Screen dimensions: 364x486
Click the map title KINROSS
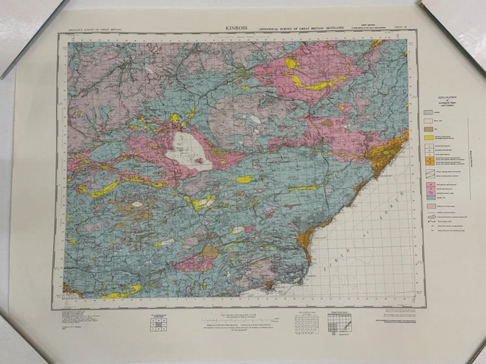tap(237, 27)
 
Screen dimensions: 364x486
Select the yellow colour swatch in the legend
tap(428, 136)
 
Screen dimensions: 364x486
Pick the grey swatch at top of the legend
tap(428, 111)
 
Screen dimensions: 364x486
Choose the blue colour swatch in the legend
tap(428, 194)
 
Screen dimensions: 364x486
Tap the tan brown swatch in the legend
tap(428, 128)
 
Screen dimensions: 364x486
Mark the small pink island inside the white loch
tap(200, 160)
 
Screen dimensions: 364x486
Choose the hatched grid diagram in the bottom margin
tap(339, 322)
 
